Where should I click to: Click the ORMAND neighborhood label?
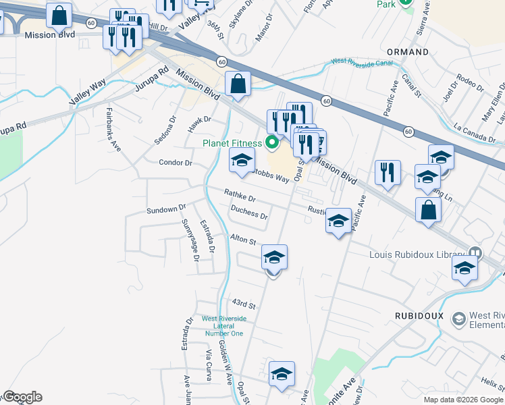tap(407, 52)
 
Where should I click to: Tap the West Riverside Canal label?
tap(363, 62)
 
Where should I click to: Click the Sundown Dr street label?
tap(165, 211)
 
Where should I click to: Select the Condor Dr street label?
tap(176, 163)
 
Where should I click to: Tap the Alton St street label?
tap(243, 240)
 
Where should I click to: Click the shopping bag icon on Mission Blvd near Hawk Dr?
tap(238, 85)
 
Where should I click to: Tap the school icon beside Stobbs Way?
tap(241, 161)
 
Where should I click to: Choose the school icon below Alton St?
tap(274, 258)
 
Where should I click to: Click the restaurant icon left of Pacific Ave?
tap(388, 173)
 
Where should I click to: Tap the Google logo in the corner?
tap(22, 397)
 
